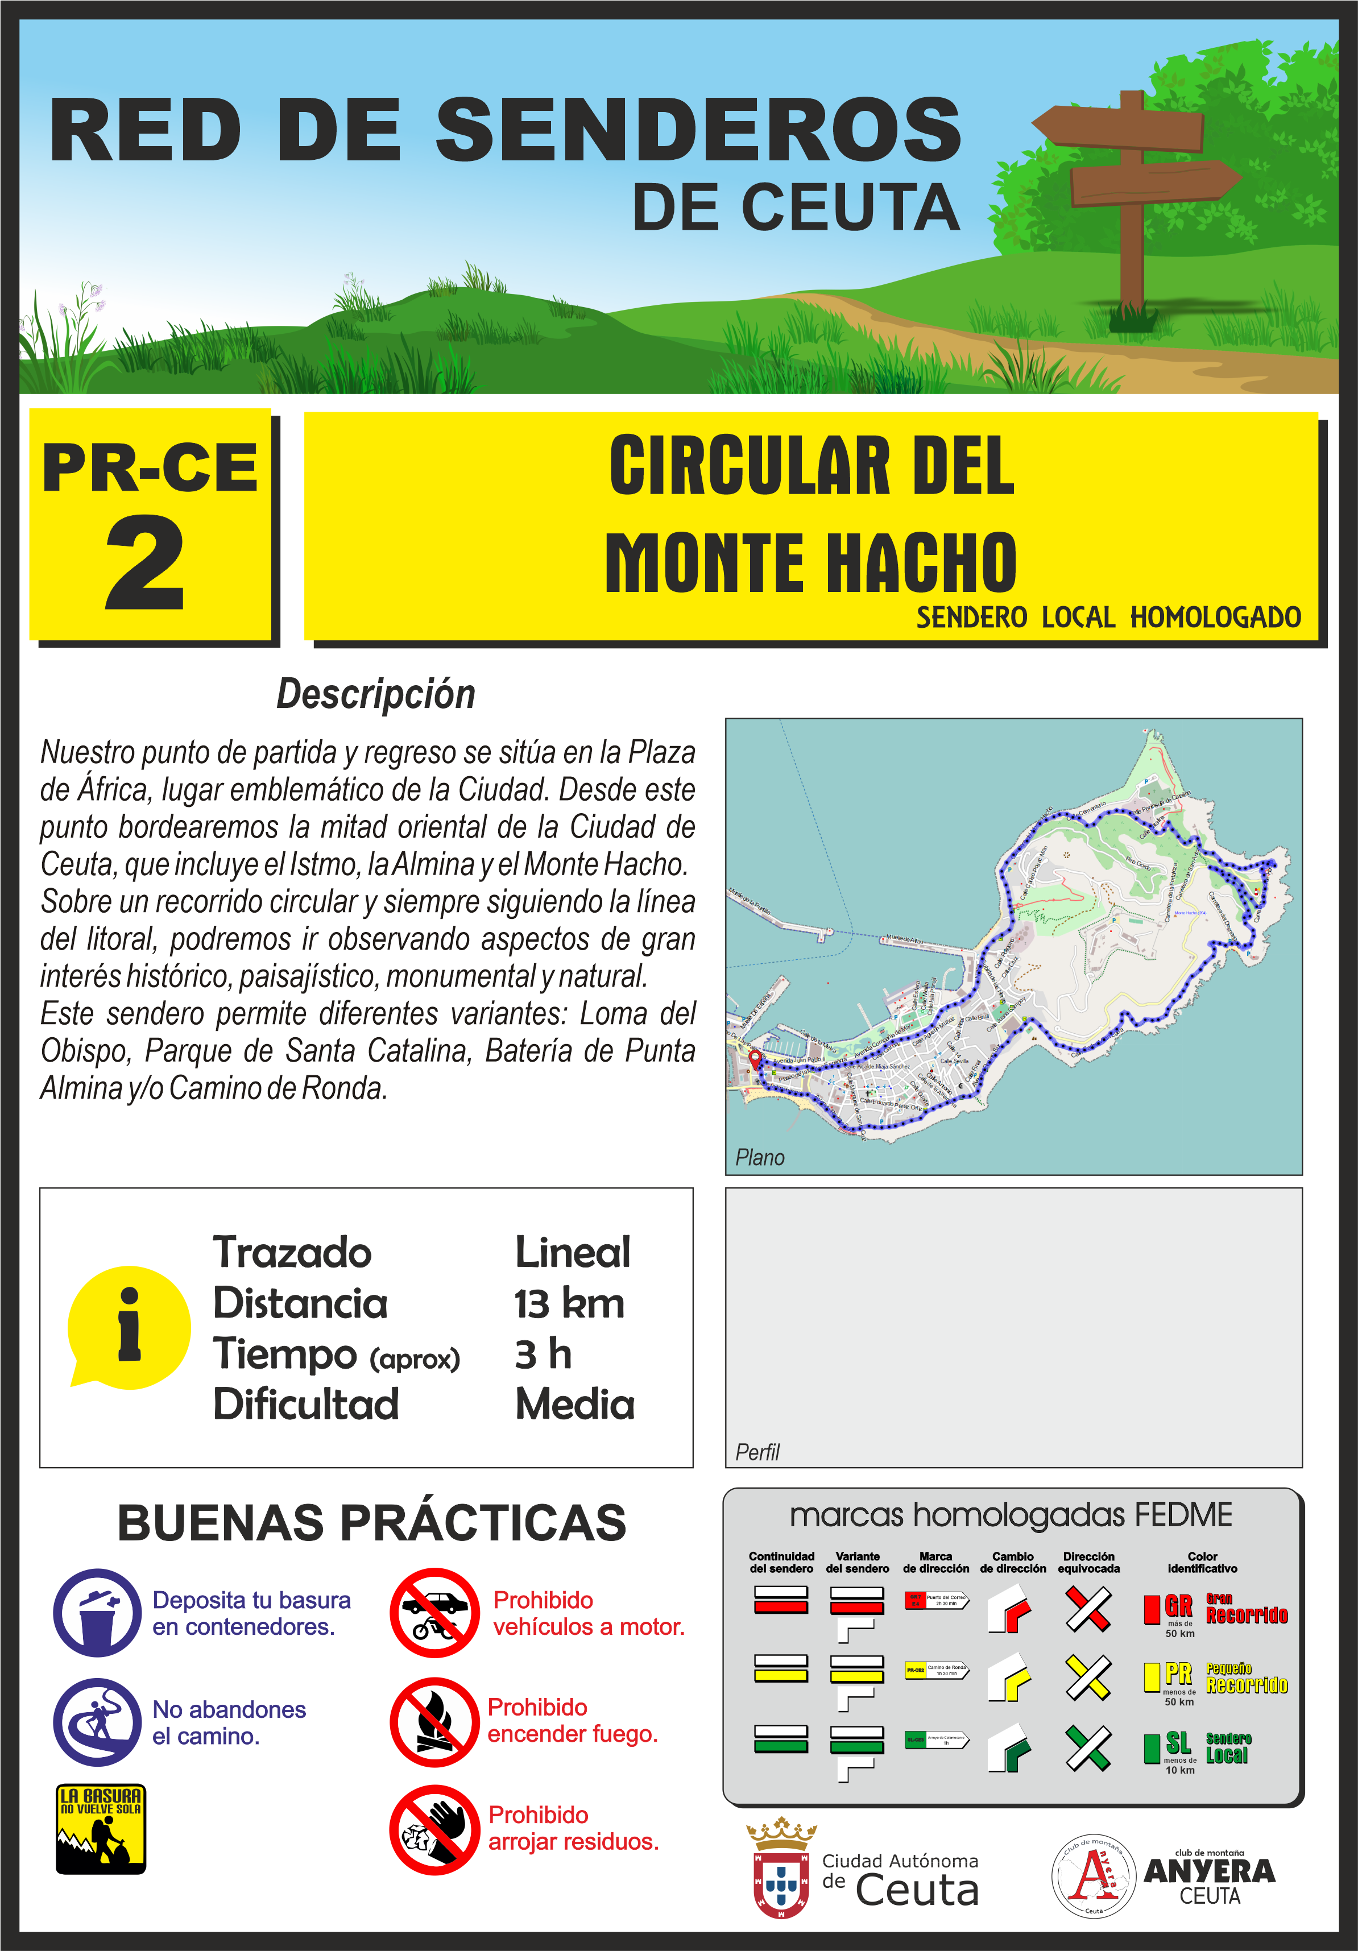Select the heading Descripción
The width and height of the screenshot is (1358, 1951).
[376, 694]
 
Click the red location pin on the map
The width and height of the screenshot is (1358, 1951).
[755, 1058]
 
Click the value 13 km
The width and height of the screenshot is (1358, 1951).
[569, 1303]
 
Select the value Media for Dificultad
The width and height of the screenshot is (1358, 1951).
[574, 1405]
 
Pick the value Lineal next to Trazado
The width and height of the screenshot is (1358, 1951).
[572, 1253]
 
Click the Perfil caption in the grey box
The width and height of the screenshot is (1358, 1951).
[757, 1452]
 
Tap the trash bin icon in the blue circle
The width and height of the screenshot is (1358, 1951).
[98, 1613]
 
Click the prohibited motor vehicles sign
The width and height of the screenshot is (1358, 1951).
[435, 1613]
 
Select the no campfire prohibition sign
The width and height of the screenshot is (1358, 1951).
[435, 1722]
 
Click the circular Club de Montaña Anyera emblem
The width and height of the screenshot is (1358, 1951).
[1094, 1875]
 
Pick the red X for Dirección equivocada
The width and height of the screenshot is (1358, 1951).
[1088, 1609]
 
